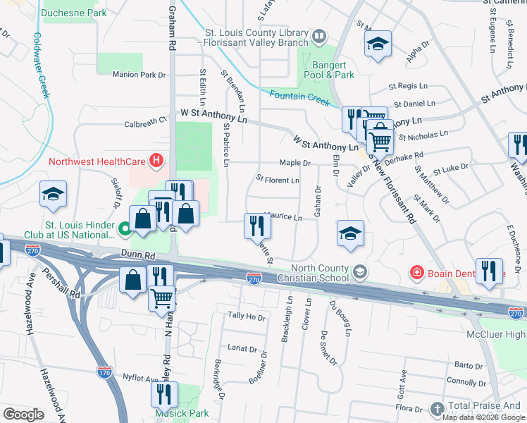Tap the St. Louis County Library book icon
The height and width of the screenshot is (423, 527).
[x=320, y=35]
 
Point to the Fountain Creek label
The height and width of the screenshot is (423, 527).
[x=299, y=96]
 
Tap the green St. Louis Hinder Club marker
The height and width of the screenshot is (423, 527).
[x=124, y=228]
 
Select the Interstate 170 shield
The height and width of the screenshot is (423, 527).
[x=105, y=370]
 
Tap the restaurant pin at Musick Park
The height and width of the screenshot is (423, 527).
[x=164, y=396]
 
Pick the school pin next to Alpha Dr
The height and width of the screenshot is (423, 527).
[x=378, y=44]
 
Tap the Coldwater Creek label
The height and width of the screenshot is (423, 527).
[x=40, y=63]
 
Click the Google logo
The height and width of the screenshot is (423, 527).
[x=23, y=415]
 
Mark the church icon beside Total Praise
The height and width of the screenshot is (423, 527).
[x=437, y=408]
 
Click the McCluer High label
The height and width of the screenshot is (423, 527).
[x=496, y=333]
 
